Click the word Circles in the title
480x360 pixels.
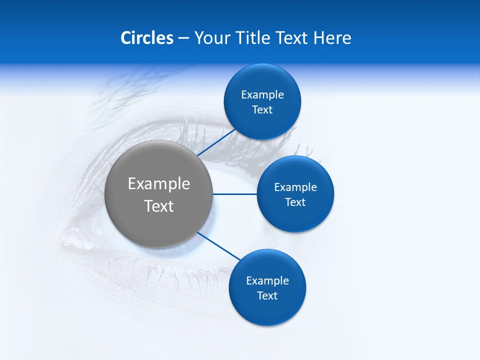point(146,38)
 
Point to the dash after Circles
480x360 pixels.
point(183,38)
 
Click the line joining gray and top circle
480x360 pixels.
point(217,142)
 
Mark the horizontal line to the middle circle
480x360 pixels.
point(234,194)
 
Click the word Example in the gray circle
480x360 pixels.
point(159,184)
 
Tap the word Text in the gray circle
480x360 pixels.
point(159,206)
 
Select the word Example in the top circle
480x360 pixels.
point(262,95)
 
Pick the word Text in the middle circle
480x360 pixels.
point(295,202)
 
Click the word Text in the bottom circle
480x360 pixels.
point(267,296)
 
